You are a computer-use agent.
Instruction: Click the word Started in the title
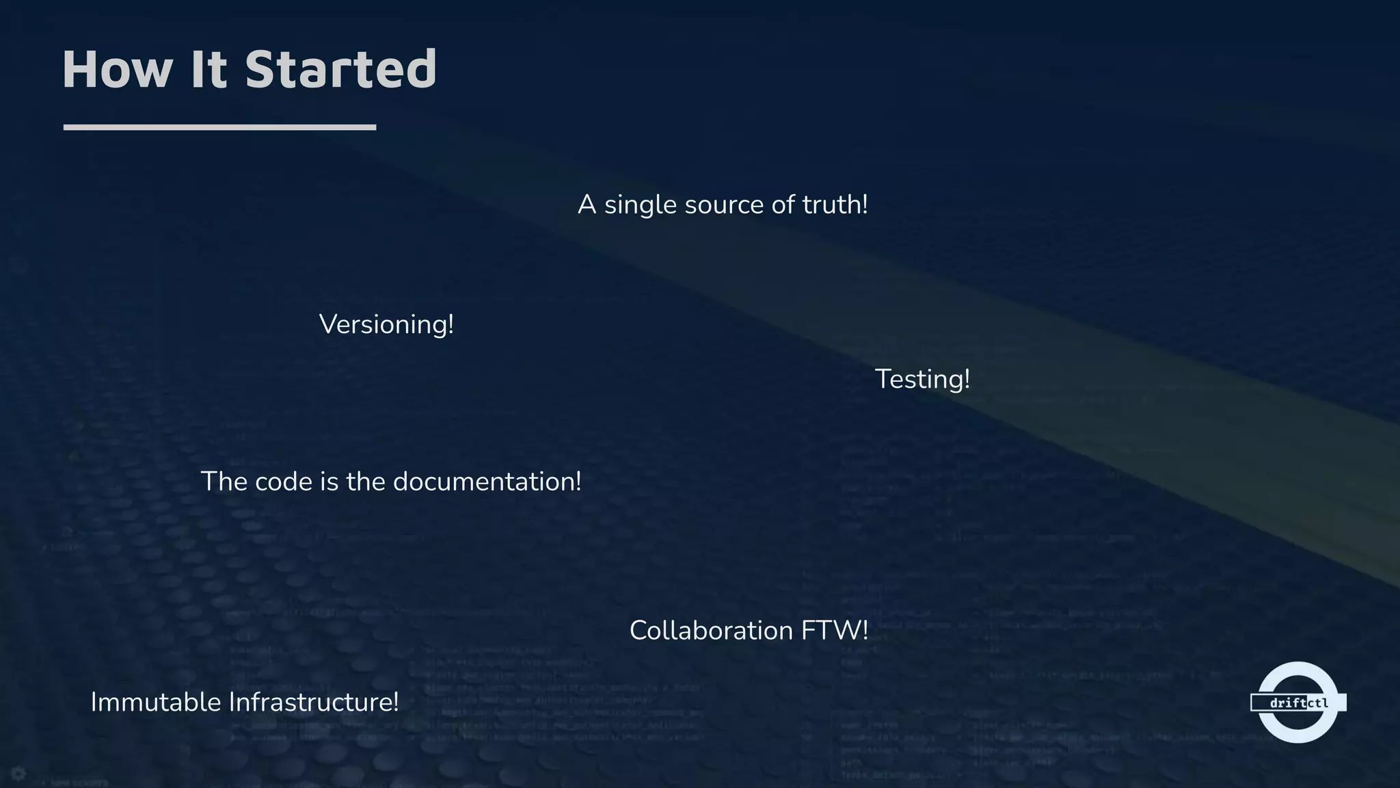click(340, 70)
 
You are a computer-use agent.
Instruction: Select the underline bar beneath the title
click(219, 127)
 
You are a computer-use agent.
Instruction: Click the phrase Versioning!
click(386, 324)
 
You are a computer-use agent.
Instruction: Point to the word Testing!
click(922, 379)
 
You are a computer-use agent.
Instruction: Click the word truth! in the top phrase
click(835, 205)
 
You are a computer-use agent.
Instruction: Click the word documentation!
click(487, 482)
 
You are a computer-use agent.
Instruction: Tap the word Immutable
click(155, 702)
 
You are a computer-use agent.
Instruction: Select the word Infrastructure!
click(313, 702)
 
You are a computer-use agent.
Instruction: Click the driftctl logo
click(1297, 702)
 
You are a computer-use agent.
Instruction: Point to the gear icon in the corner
click(18, 774)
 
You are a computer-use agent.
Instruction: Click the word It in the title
click(208, 70)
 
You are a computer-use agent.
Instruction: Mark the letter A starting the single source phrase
click(587, 205)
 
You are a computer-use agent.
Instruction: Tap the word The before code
click(223, 482)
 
